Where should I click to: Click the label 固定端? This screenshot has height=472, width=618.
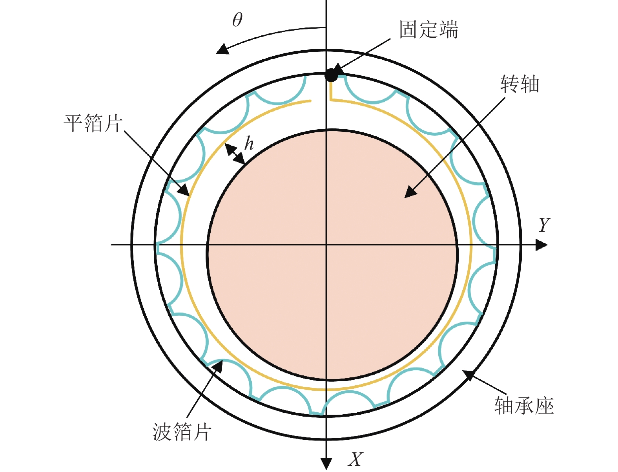click(428, 30)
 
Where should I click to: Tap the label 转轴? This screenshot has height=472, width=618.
click(520, 84)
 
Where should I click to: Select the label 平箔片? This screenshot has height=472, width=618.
click(93, 123)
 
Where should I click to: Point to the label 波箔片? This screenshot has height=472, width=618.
click(182, 432)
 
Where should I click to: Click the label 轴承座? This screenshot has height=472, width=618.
click(524, 406)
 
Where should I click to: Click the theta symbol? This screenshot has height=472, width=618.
click(237, 20)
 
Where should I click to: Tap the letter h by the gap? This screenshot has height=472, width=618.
click(249, 144)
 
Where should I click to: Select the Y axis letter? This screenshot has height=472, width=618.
click(544, 225)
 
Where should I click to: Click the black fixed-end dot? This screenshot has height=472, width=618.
click(331, 75)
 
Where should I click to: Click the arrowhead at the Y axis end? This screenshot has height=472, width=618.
click(542, 245)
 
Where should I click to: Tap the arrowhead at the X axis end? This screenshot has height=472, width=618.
click(326, 463)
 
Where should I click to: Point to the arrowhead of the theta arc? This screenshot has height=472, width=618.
click(222, 49)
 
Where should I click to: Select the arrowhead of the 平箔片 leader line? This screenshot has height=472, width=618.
click(184, 190)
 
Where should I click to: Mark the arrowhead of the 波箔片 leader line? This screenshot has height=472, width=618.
click(217, 366)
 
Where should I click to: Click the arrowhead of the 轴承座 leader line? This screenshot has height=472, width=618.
click(469, 375)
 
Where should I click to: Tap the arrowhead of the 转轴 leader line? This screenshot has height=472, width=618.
click(410, 192)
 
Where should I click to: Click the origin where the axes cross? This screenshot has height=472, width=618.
click(326, 245)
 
